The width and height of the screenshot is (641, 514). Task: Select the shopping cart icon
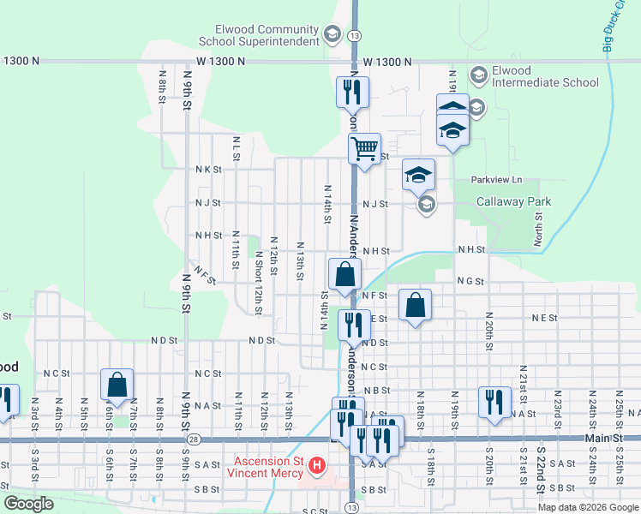coord(364,148)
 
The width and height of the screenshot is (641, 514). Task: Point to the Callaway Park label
coord(514,202)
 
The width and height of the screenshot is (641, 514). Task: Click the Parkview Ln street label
coord(496,180)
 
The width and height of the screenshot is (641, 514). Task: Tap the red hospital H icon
coord(316,466)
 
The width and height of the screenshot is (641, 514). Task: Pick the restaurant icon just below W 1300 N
coord(354,93)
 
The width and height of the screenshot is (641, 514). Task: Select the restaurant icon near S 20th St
coord(494,402)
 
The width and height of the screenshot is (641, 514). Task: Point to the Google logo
coord(27,504)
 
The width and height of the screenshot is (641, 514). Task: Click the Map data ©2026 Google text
coord(588,507)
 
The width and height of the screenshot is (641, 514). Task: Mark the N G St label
coord(470,281)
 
